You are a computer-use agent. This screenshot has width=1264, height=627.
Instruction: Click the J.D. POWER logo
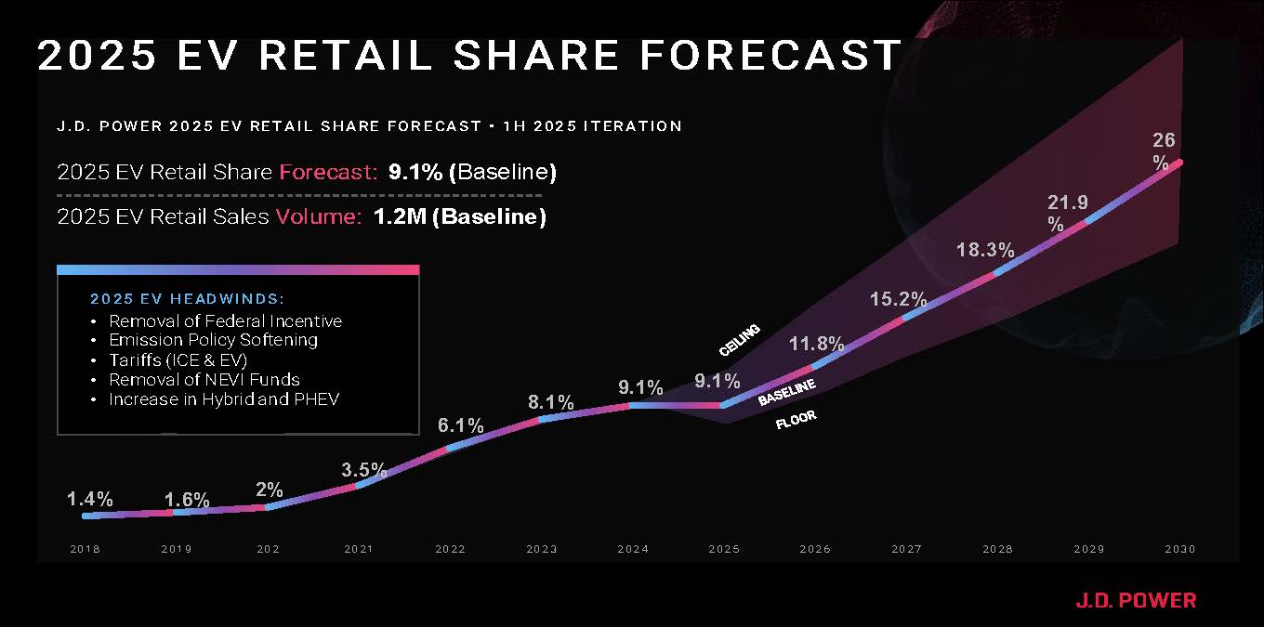(1136, 600)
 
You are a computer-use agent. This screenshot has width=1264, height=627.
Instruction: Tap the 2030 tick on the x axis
(1179, 549)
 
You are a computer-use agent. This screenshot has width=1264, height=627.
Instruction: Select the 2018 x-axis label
(85, 549)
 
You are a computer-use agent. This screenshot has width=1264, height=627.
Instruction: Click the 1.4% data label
(90, 500)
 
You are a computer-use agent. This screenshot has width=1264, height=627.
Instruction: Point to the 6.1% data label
(461, 426)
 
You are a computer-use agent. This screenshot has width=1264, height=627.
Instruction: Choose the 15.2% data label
(899, 299)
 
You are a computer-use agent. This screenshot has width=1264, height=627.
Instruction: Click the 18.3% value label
(984, 251)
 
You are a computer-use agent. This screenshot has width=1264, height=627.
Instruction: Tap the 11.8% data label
(816, 345)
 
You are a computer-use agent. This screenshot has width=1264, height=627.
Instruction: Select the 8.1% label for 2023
(551, 403)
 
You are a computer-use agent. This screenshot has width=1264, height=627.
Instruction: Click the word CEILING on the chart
(740, 340)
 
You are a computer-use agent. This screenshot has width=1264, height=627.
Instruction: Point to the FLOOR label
(796, 421)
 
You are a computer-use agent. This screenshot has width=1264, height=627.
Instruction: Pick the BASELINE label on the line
(786, 392)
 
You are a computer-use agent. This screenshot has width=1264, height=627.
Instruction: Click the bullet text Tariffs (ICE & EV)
(178, 360)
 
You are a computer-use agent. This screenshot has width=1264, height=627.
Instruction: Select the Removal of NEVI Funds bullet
(204, 380)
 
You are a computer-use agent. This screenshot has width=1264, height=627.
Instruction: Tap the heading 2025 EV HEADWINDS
(187, 299)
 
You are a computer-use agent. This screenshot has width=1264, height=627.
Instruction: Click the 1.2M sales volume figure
(399, 217)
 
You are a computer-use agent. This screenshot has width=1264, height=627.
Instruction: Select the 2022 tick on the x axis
(451, 549)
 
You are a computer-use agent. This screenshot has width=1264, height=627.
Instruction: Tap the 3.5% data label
(363, 469)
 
